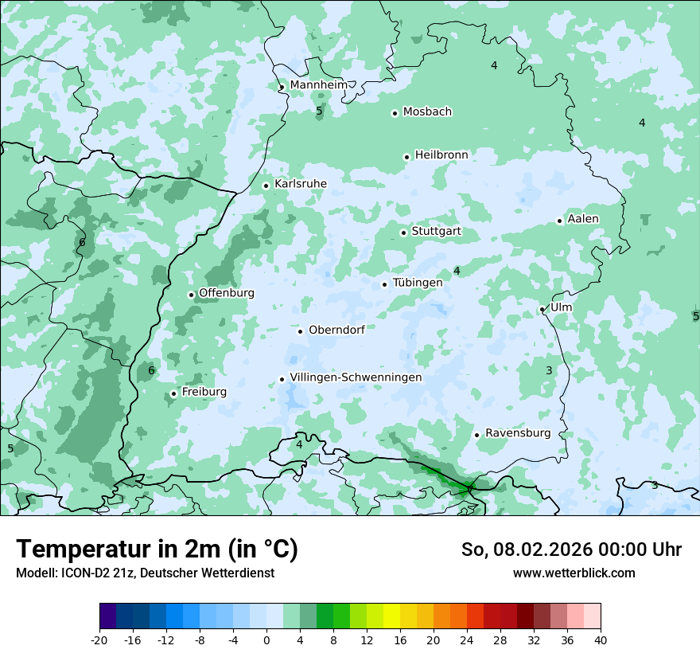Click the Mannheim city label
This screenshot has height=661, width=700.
318,84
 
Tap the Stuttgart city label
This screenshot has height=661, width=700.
436,231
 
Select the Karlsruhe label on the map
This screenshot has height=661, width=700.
300,183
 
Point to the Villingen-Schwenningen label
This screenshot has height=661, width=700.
356,377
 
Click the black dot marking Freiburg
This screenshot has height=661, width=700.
173,393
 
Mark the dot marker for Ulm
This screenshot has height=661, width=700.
542,309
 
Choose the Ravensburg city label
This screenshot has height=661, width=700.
517,432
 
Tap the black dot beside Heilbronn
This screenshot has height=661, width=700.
406,157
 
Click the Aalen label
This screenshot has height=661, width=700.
583,218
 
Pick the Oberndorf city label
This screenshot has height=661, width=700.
336,330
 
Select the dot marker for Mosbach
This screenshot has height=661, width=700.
395,113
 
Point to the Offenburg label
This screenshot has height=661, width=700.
227,292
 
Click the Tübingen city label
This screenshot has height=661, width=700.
418,283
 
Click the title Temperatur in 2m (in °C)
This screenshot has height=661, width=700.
157,549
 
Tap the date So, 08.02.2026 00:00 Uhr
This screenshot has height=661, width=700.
571,550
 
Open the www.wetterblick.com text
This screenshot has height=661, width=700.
574,573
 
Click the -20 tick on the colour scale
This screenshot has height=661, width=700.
99,639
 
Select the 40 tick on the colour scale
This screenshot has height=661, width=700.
601,639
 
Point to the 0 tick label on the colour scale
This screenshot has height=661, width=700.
266,639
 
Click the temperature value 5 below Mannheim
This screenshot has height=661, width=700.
319,111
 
